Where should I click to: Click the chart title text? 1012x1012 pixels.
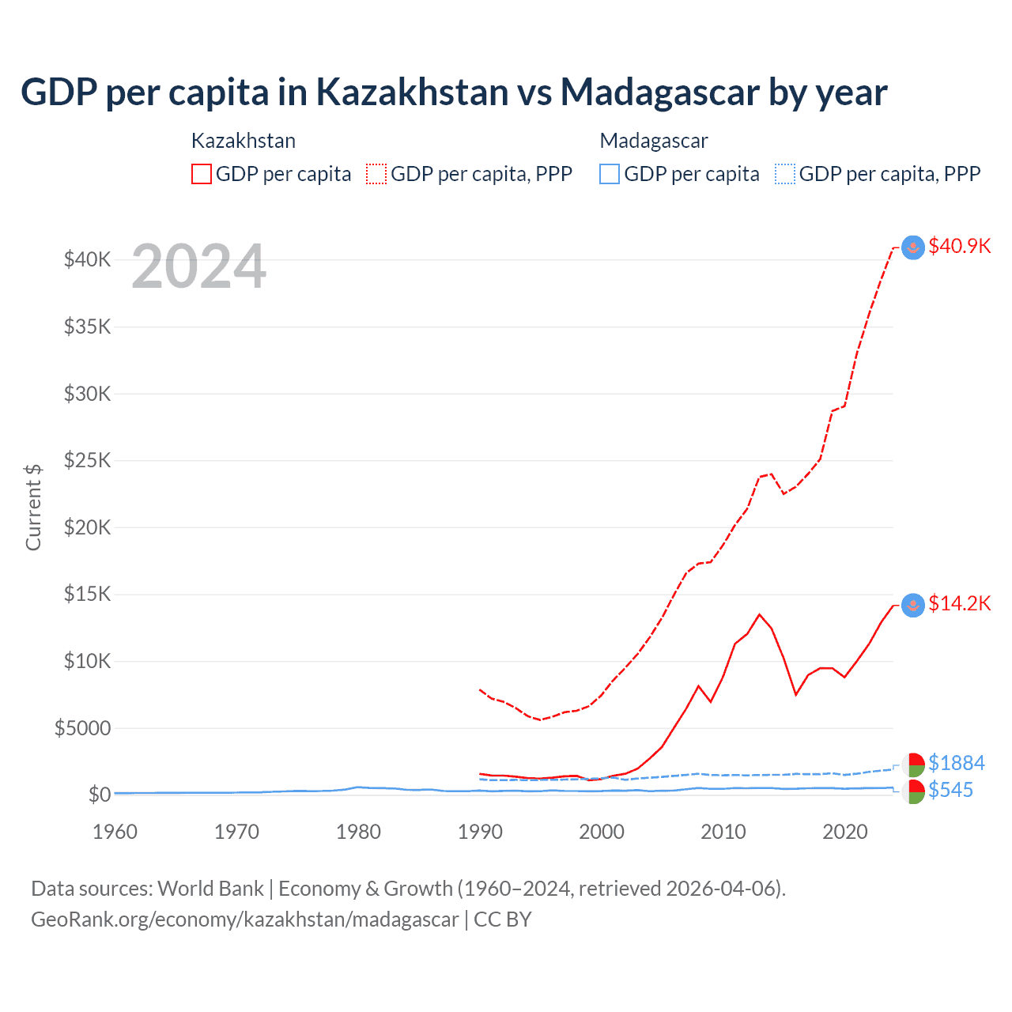click(x=454, y=93)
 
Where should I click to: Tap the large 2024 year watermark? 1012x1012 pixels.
click(x=198, y=266)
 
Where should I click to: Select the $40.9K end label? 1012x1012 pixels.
click(x=959, y=246)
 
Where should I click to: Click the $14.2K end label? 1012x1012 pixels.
click(x=959, y=604)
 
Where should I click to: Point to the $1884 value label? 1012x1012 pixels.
click(x=956, y=763)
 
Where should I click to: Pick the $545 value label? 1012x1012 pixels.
click(x=950, y=790)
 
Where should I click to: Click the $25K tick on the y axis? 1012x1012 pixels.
click(x=87, y=460)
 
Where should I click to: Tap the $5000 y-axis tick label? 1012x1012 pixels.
click(x=82, y=728)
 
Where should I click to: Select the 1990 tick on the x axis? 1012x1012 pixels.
click(x=480, y=832)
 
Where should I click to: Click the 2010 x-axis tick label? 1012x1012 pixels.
click(x=723, y=832)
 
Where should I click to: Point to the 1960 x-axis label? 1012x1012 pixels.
click(x=115, y=832)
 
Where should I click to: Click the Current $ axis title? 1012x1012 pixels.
click(x=33, y=508)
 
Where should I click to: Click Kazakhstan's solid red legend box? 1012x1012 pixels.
click(x=202, y=174)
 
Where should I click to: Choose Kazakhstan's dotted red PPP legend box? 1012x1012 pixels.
click(x=376, y=174)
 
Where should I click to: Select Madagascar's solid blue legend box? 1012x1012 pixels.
click(x=610, y=174)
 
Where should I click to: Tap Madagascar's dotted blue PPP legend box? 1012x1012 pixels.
click(x=785, y=174)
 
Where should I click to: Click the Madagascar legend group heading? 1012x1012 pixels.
click(x=654, y=141)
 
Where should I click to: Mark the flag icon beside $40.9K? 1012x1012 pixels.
click(x=913, y=247)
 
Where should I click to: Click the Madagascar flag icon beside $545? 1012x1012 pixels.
click(x=913, y=791)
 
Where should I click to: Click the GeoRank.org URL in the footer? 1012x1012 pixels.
click(x=245, y=919)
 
